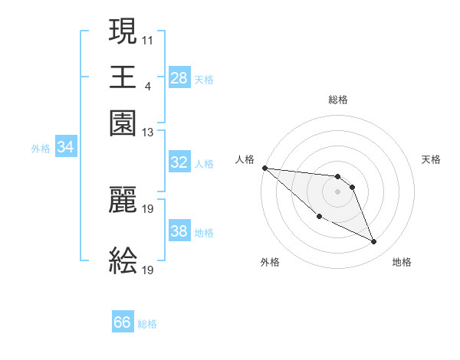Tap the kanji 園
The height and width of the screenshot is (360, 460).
[123, 122]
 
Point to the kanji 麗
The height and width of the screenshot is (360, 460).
[123, 199]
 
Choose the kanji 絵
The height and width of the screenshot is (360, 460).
[123, 260]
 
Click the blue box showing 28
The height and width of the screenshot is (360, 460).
[179, 78]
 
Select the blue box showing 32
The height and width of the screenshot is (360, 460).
[179, 162]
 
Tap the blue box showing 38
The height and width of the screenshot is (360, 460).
[179, 231]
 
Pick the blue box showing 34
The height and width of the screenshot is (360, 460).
[65, 148]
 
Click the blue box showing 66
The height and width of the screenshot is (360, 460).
[123, 322]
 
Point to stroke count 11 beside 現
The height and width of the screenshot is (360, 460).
[148, 38]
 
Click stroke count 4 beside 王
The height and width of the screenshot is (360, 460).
[147, 85]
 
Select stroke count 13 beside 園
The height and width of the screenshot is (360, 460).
[148, 133]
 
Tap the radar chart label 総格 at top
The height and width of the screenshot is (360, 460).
[338, 100]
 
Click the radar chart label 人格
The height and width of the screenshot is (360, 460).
[245, 159]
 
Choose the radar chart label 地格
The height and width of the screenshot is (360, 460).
[402, 262]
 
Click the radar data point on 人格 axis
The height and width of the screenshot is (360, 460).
[264, 168]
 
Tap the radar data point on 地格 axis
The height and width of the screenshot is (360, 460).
[374, 242]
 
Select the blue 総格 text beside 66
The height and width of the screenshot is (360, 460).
[147, 324]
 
